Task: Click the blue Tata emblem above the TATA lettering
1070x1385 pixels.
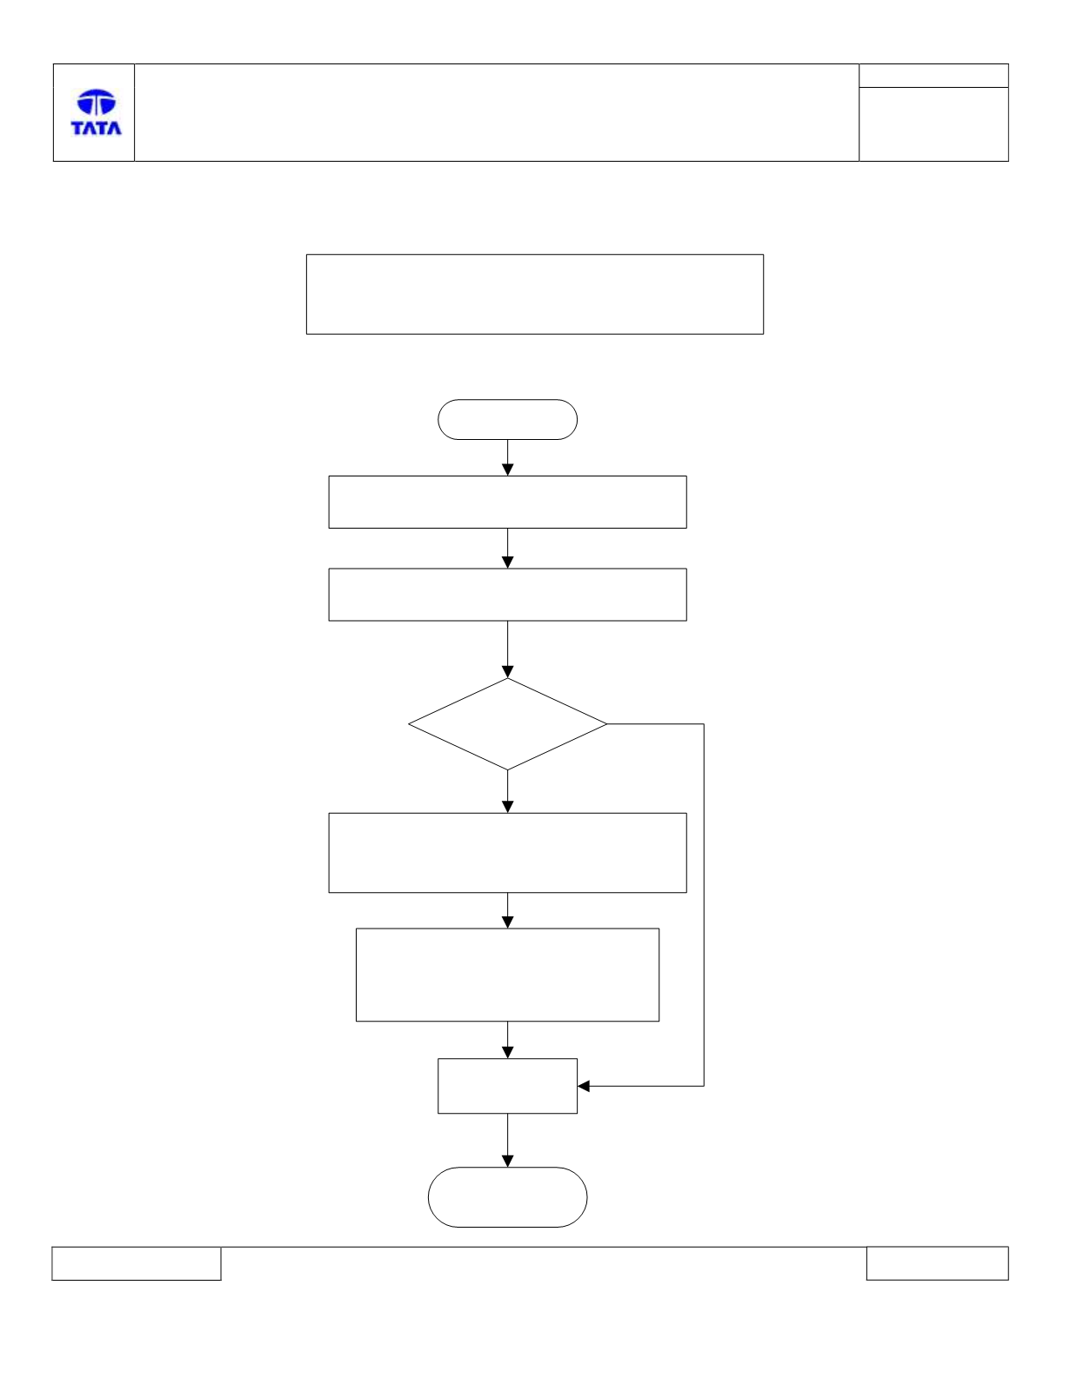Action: click(97, 102)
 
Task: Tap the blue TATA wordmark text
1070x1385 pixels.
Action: click(97, 128)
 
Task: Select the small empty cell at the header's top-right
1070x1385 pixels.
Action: click(933, 76)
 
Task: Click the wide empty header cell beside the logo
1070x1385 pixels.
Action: click(497, 112)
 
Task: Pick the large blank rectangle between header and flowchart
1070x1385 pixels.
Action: click(534, 295)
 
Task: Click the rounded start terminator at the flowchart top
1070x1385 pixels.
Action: click(507, 419)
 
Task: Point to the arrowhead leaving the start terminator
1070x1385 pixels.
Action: click(507, 469)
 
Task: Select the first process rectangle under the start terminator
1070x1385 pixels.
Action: click(507, 503)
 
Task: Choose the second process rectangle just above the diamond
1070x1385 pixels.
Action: click(507, 595)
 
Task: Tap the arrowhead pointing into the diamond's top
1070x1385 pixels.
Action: click(507, 672)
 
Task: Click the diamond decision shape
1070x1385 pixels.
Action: click(507, 724)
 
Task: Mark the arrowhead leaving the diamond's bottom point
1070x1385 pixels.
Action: click(507, 807)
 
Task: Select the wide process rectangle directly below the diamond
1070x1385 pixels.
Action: click(507, 853)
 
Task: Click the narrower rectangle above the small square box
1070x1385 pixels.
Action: click(507, 975)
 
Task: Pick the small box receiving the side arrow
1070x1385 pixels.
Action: click(507, 1086)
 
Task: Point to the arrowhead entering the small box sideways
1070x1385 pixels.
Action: click(584, 1086)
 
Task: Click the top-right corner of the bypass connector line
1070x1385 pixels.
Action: click(704, 724)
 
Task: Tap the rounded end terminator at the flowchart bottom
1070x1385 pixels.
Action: click(507, 1197)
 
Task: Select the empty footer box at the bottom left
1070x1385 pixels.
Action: click(137, 1263)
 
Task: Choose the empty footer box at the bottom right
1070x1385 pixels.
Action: click(938, 1263)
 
